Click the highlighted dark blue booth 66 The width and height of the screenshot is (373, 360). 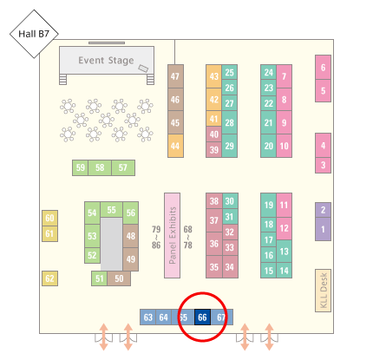pos(202,317)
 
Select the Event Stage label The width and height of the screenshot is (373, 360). pos(106,61)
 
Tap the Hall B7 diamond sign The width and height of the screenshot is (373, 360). pos(34,34)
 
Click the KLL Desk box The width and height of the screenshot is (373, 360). pos(323,291)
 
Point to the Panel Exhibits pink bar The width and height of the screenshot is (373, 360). pos(173,235)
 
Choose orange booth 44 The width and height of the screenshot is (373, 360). pos(175,146)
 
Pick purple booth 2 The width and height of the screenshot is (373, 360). pos(323,210)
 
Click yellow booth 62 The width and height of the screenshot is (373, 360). pos(49,278)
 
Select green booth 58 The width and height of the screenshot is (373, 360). pos(100,167)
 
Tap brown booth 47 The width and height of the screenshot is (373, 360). pos(175,76)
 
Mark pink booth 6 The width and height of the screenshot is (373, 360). pos(323,68)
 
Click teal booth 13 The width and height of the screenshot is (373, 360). pos(284,252)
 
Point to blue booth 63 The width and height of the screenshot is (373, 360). pos(148,317)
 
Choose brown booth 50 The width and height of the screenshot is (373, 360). pos(119,278)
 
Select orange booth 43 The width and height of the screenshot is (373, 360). pos(214,76)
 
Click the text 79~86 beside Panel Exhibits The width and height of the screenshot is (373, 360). pos(156,237)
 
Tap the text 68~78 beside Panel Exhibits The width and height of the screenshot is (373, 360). pos(188,237)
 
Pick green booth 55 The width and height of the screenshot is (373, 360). pos(111,210)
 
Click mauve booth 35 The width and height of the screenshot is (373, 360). pos(214,267)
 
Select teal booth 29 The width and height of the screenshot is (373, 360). pos(230,146)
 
